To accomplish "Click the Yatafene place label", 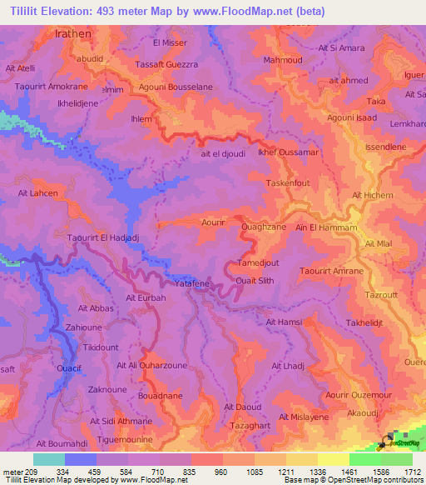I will pyautogui.click(x=191, y=285).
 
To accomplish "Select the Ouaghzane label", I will pyautogui.click(x=263, y=227).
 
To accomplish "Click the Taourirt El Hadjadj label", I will pyautogui.click(x=99, y=238).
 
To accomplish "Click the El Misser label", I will pyautogui.click(x=169, y=42).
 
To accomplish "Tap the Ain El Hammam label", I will pyautogui.click(x=326, y=227).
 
